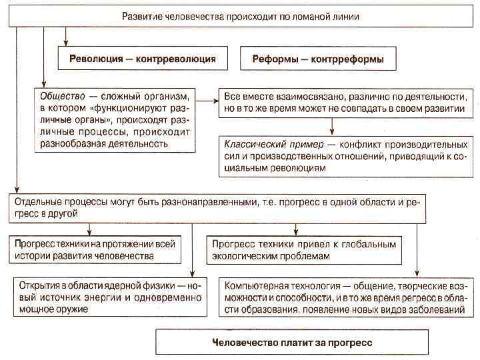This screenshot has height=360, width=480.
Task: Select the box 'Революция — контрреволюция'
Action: click(x=143, y=59)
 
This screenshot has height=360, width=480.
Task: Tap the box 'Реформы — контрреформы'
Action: click(x=318, y=59)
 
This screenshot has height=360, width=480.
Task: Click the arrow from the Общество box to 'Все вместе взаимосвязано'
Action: click(x=208, y=101)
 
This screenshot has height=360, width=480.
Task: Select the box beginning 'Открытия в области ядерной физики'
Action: click(x=107, y=297)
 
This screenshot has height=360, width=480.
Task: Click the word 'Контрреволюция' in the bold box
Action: click(x=175, y=59)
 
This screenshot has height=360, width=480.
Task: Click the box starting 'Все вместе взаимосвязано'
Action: click(x=343, y=101)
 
